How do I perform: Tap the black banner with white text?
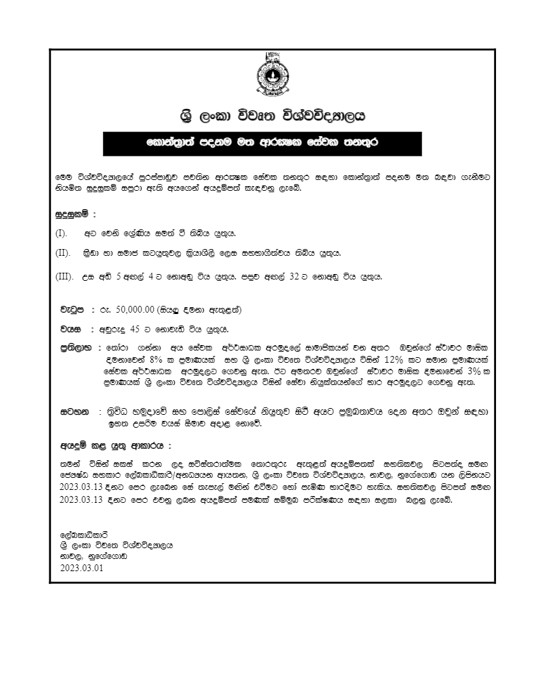pos(262,143)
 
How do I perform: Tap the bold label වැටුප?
pos(73,310)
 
